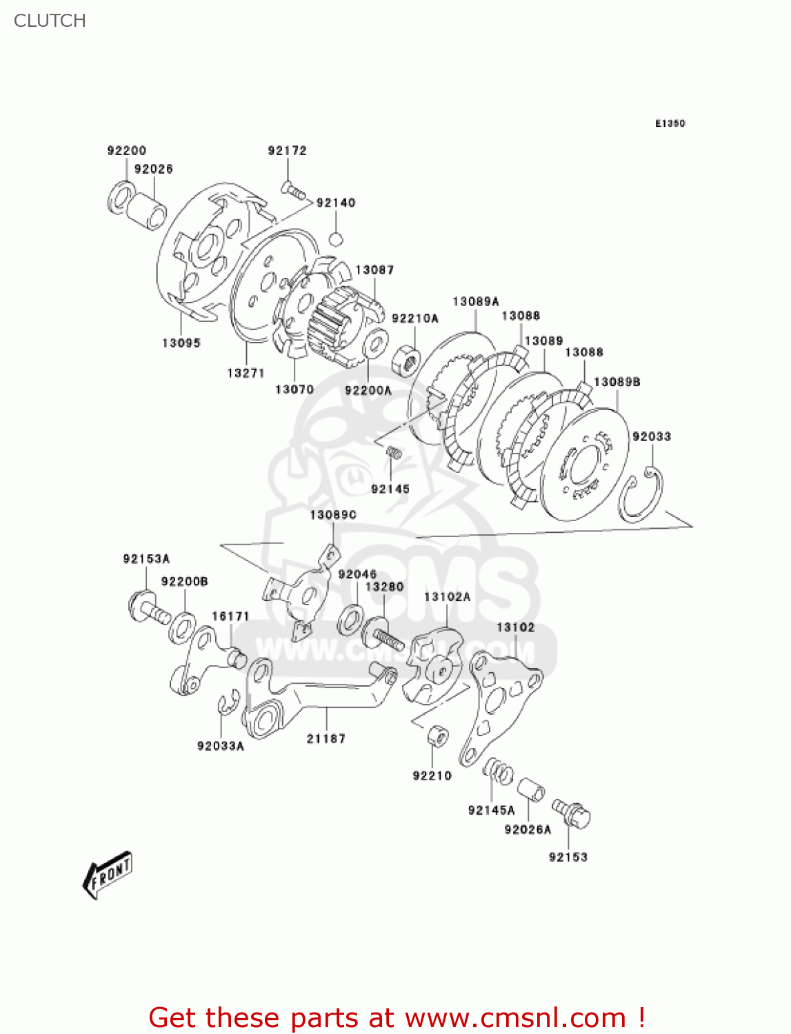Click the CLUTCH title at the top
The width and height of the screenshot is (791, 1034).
[x=50, y=21]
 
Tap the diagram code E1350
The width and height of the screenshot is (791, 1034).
[x=670, y=123]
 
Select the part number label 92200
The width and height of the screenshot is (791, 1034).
[x=127, y=150]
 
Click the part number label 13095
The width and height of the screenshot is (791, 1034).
[x=181, y=343]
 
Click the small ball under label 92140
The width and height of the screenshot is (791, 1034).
[x=336, y=239]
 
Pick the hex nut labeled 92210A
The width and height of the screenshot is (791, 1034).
[x=406, y=358]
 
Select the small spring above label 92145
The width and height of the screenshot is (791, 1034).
[x=394, y=454]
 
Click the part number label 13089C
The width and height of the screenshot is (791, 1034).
[x=333, y=515]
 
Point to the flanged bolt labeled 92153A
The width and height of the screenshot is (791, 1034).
[x=148, y=608]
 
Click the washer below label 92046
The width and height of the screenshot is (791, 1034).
[x=350, y=620]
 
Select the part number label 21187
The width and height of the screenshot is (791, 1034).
[x=326, y=738]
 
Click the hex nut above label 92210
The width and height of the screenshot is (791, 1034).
[x=437, y=736]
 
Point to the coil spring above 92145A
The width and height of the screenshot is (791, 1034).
[x=498, y=771]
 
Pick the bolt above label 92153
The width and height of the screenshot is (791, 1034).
[x=571, y=813]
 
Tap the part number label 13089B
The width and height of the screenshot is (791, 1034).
[x=617, y=382]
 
